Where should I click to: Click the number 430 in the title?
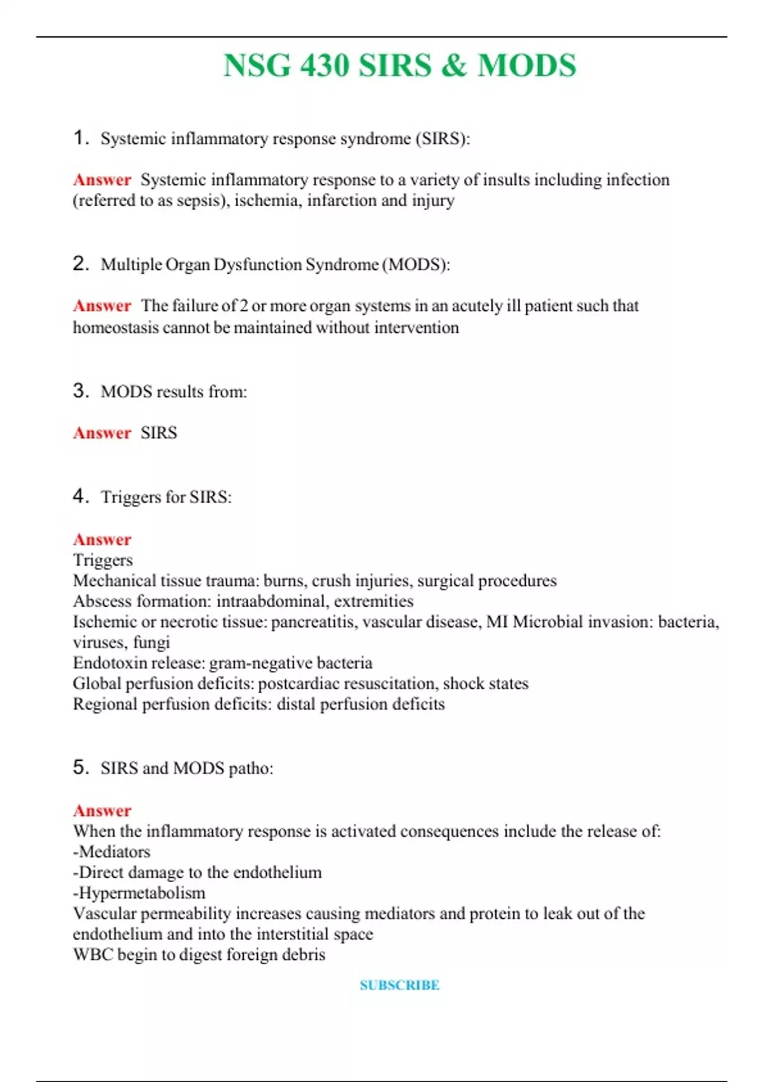tap(324, 66)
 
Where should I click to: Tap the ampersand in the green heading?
tap(453, 66)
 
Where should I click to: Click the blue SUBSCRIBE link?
tap(399, 985)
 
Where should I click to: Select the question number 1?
tap(80, 137)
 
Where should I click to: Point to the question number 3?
tap(80, 390)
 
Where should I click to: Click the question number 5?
tap(80, 767)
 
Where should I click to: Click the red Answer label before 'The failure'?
tap(102, 306)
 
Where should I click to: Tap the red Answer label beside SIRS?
tap(102, 433)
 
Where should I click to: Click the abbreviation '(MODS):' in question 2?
tap(416, 265)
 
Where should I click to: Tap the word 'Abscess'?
tap(99, 601)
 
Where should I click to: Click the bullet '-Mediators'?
tap(111, 852)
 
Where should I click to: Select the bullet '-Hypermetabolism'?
tap(139, 893)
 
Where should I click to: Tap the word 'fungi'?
tap(151, 643)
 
